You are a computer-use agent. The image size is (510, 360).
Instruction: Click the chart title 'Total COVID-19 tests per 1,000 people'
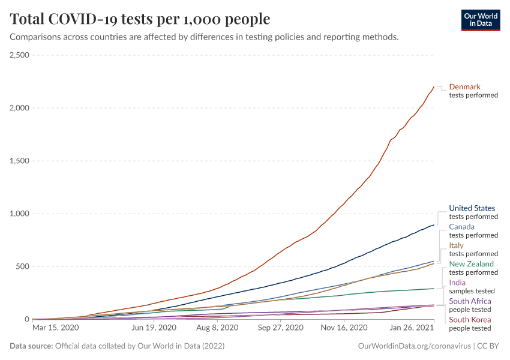point(140,19)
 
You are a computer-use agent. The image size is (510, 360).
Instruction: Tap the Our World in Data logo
point(481,19)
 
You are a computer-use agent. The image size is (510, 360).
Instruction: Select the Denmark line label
point(464,86)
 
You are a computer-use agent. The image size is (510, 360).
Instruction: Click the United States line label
point(472,208)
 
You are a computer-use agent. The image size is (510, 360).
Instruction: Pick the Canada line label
point(461,227)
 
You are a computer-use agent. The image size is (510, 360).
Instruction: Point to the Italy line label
point(457,245)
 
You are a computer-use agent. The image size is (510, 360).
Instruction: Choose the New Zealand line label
point(472,264)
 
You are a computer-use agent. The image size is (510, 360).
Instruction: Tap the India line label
point(457,283)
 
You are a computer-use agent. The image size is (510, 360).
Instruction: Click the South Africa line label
point(470,301)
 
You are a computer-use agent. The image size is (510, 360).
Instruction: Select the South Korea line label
point(470,320)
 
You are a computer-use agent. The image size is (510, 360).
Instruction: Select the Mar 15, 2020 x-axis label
point(55,328)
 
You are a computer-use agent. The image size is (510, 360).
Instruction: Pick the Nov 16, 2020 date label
point(344,328)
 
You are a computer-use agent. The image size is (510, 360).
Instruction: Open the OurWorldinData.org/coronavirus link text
point(413,346)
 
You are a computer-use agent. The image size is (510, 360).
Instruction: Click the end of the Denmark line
point(434,87)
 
